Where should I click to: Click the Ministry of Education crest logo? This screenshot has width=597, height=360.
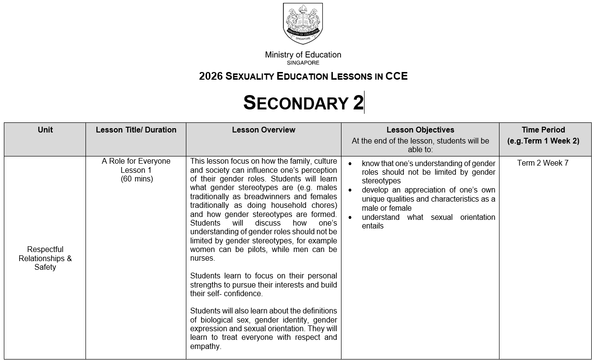click(303, 24)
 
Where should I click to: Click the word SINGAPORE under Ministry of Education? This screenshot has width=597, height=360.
click(303, 63)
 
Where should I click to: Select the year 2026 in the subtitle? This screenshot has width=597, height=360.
click(210, 76)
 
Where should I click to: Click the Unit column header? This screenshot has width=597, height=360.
click(45, 130)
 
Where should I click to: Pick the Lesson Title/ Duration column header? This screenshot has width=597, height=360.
click(136, 130)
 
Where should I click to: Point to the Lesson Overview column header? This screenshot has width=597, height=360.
click(263, 130)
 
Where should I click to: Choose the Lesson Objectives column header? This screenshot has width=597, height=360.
click(420, 130)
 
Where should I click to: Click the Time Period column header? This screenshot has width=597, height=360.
click(543, 130)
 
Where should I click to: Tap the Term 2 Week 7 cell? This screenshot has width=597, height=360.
click(543, 163)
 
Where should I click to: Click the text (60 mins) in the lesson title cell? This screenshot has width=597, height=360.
click(136, 179)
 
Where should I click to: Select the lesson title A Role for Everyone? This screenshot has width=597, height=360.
click(136, 161)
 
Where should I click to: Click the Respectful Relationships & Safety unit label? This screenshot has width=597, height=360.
click(45, 258)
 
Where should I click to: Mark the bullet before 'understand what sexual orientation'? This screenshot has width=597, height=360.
click(350, 217)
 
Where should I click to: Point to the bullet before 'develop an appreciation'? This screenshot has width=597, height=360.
click(350, 190)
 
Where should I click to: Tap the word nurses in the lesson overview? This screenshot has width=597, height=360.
click(202, 258)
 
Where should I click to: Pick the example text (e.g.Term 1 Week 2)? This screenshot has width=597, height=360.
click(543, 141)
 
